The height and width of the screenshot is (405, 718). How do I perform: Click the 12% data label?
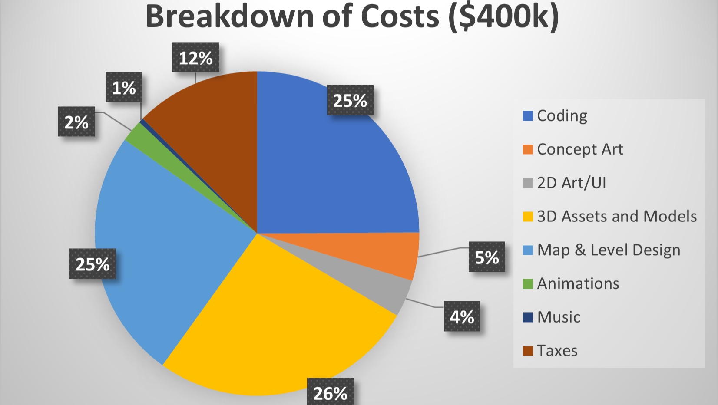(x=196, y=58)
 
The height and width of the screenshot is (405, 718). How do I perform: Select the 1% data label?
(x=124, y=88)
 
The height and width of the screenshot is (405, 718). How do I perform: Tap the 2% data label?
(x=76, y=122)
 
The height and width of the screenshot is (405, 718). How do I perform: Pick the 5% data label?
(x=486, y=257)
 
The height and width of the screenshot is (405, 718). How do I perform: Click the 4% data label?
(x=462, y=316)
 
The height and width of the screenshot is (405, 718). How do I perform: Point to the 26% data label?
(x=330, y=393)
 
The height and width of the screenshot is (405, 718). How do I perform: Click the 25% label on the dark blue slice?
(x=350, y=100)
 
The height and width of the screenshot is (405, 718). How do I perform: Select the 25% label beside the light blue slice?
(x=93, y=264)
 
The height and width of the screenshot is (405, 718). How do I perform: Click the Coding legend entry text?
(x=562, y=115)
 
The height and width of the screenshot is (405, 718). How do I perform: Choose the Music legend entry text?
(x=559, y=317)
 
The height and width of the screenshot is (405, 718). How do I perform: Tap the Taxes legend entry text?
(x=557, y=350)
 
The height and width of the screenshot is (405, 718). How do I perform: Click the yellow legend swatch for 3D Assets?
(x=528, y=216)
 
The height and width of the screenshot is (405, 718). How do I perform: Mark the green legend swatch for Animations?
(x=528, y=284)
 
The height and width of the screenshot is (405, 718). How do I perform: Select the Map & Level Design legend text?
(x=609, y=250)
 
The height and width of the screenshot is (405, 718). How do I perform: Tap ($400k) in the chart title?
(x=504, y=16)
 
